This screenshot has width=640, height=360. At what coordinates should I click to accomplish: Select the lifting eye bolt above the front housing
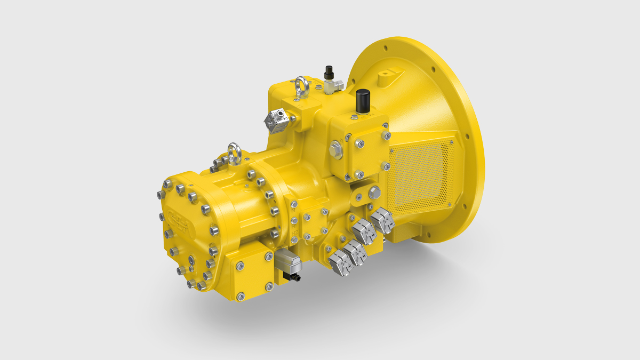tap(234, 151)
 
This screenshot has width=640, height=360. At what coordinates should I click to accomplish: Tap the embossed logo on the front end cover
tap(180, 219)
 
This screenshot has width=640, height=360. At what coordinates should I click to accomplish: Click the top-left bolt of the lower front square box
tap(238, 265)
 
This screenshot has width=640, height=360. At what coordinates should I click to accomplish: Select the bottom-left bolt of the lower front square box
tap(241, 294)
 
